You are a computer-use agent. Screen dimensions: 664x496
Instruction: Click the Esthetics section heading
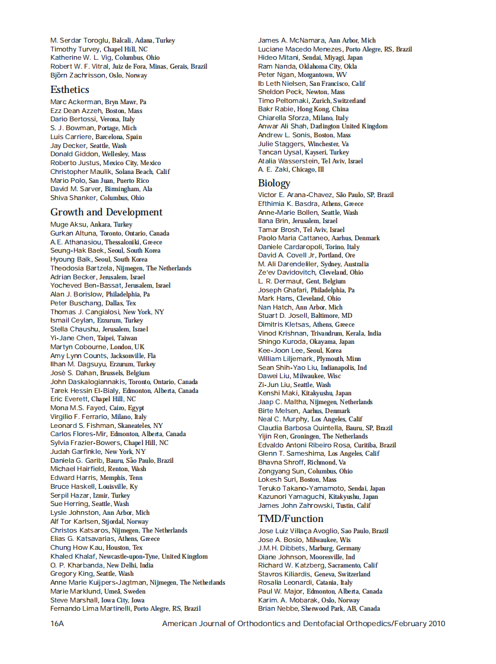70,90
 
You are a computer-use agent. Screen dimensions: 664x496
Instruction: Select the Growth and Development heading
106,212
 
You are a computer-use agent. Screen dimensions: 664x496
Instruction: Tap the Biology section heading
274,183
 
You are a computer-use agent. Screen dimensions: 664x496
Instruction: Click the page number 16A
57,624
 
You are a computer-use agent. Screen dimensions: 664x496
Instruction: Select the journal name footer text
303,624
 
